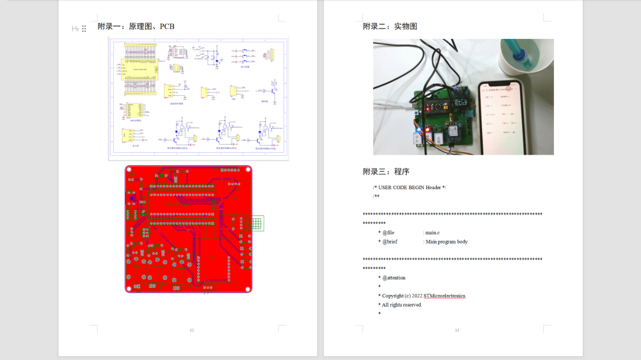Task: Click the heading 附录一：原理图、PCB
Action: coord(136,26)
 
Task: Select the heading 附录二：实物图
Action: coord(390,26)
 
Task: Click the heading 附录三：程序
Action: coord(386,171)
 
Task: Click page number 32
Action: coord(192,330)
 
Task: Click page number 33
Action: coord(457,330)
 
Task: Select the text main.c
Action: coord(433,232)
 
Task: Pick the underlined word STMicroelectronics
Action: coord(444,296)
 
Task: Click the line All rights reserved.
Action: coord(401,305)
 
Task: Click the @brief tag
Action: coord(389,242)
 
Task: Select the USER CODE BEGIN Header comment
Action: coord(410,187)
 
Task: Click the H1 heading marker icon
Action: coord(75,28)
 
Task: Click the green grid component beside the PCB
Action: coord(257,224)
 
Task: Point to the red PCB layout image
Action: coord(188,229)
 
